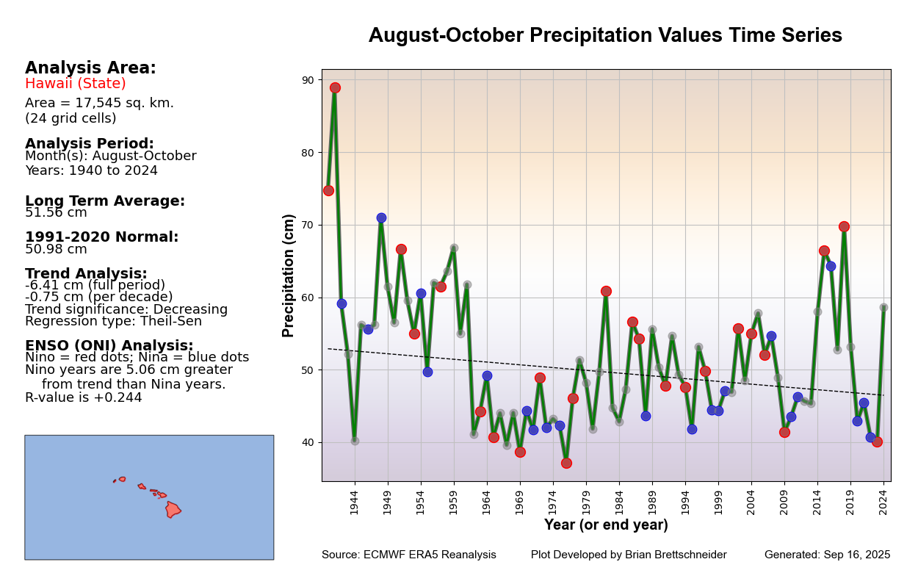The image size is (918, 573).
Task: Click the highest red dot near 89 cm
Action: click(x=335, y=87)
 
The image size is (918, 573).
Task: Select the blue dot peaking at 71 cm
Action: click(x=381, y=217)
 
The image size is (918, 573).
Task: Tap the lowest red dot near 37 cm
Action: click(x=566, y=463)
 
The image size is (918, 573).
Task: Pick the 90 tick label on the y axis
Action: click(x=307, y=80)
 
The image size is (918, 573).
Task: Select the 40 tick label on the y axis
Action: click(x=307, y=442)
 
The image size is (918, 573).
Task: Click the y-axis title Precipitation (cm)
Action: click(x=289, y=275)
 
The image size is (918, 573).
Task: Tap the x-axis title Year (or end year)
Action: click(x=606, y=525)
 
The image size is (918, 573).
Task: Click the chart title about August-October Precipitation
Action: click(x=605, y=36)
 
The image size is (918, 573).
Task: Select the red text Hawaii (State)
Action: click(x=76, y=84)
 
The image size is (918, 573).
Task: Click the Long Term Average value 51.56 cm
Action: click(x=56, y=213)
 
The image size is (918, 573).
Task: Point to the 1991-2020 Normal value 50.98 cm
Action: click(x=56, y=250)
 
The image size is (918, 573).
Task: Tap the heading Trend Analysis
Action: click(x=86, y=274)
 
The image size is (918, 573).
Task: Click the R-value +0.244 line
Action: click(x=84, y=397)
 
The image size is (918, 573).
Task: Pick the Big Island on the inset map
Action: click(x=173, y=509)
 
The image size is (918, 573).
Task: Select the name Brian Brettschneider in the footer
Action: click(x=673, y=555)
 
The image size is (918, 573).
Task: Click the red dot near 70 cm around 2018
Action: click(x=844, y=226)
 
